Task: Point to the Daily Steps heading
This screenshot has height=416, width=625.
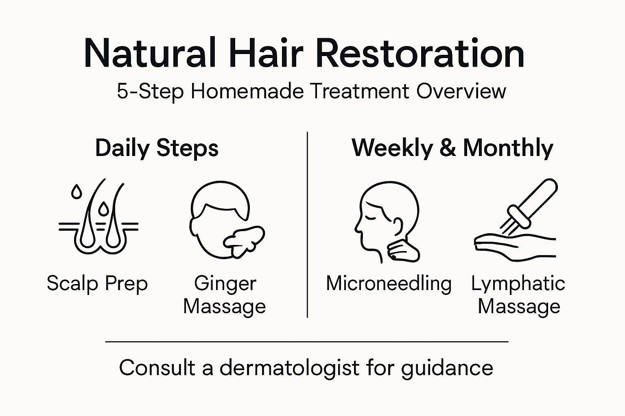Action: pos(157,148)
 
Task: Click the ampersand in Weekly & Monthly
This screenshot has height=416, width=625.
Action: pos(448,148)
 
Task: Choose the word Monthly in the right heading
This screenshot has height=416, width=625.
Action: pos(508,148)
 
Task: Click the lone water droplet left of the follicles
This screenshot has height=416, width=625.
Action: pos(76,192)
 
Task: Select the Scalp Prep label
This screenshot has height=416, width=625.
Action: pos(97,283)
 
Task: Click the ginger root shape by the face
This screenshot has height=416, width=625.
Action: pos(243,239)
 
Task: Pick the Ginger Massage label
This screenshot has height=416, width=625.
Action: pos(225,295)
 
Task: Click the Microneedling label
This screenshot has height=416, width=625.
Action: pos(389,283)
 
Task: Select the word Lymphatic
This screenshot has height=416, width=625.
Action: pos(518,283)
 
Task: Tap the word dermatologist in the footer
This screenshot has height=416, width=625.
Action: pos(289,368)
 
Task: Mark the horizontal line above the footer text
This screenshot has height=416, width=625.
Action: pos(307,342)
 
